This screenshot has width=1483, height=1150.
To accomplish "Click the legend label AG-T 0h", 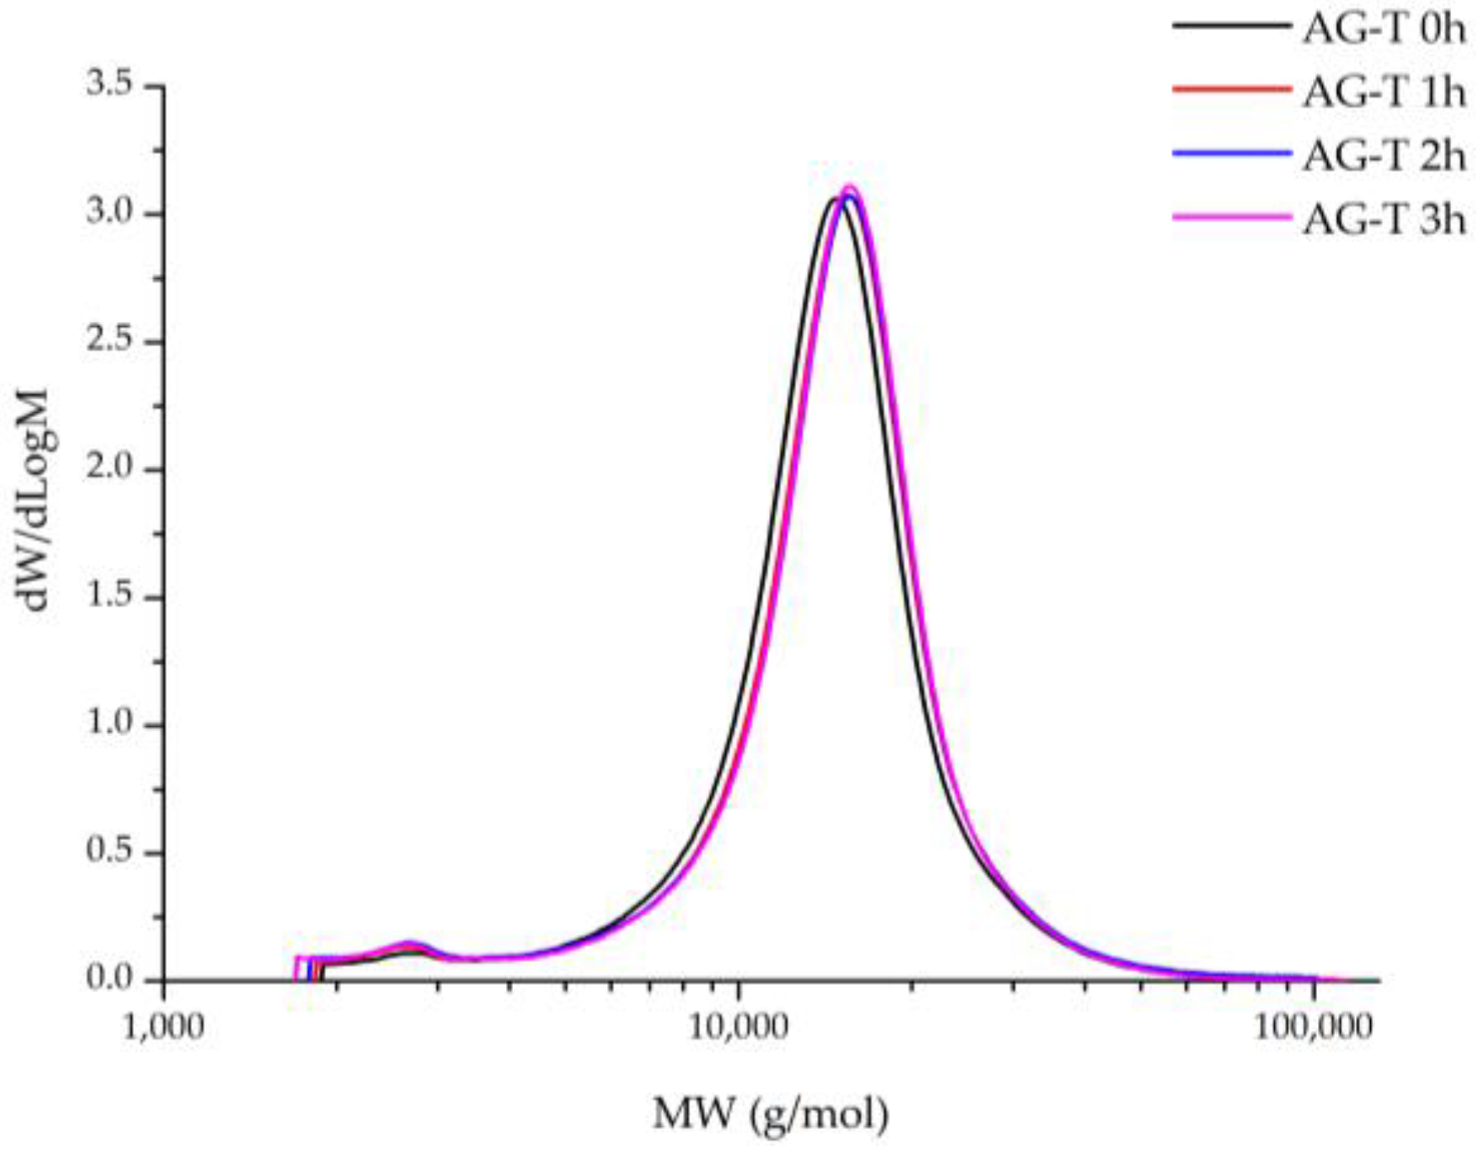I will (x=1384, y=29).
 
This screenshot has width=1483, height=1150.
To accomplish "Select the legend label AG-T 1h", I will (x=1384, y=93).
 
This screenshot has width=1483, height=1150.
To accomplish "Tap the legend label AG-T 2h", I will (x=1384, y=157).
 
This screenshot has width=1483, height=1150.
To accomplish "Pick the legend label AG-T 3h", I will (x=1384, y=220).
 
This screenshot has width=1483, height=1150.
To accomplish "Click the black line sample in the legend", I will (x=1231, y=25).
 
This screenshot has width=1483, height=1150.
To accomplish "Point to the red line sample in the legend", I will (x=1231, y=88).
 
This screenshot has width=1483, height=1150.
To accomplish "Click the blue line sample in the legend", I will (x=1231, y=152).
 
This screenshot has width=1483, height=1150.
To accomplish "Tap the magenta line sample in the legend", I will (x=1231, y=217).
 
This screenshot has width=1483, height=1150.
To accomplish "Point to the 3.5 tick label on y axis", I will (x=110, y=85).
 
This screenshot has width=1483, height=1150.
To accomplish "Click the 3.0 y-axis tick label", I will (x=110, y=213).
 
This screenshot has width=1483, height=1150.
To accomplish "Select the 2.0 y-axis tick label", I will (x=110, y=468).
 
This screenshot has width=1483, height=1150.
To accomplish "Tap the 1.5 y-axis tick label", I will (x=110, y=596).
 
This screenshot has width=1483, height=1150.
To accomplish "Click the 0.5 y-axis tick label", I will (x=110, y=852).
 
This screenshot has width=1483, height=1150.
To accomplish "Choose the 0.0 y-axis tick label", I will (x=110, y=979).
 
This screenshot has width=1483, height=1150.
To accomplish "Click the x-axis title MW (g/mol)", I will (x=771, y=1115).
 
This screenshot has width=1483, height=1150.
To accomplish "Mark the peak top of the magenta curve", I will (x=849, y=187).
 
